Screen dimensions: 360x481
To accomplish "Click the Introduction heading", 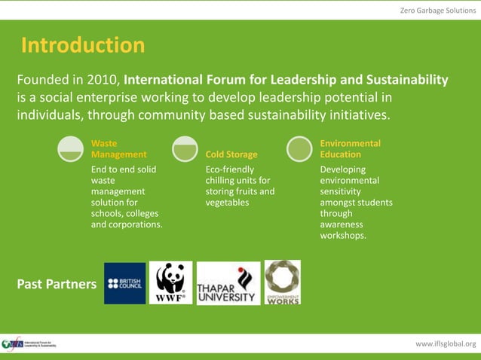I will point(83,46).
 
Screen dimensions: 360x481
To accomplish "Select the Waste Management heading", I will point(118,148).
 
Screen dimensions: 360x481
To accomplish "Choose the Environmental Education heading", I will point(350,148).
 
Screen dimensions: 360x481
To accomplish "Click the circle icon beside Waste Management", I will point(71,149).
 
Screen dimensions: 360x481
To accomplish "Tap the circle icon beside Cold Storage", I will point(185,149).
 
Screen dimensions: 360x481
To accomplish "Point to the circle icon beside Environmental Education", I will point(299,149).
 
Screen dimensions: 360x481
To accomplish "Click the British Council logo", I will point(125,283).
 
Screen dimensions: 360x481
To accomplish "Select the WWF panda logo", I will point(170,282).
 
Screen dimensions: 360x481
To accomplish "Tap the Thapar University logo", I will point(228,283).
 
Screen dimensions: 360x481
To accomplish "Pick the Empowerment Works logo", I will point(282,282).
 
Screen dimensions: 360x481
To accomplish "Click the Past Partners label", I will point(57,284).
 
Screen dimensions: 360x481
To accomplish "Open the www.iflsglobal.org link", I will point(446,344).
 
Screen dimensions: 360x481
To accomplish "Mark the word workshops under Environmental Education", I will point(343,235).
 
